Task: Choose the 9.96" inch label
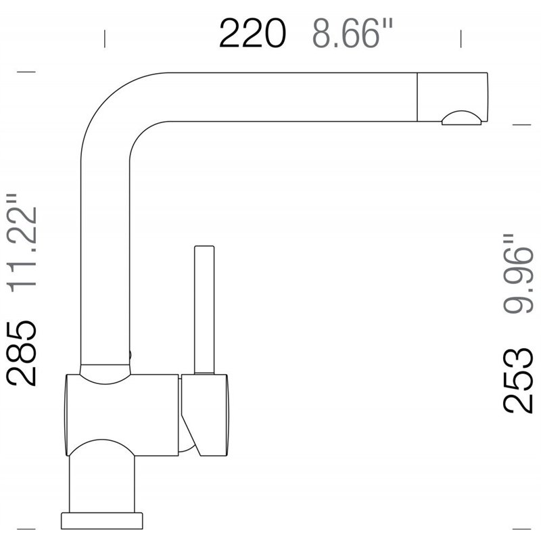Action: coord(519,274)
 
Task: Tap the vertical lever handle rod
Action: coord(204,308)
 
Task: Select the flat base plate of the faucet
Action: coord(102,520)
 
